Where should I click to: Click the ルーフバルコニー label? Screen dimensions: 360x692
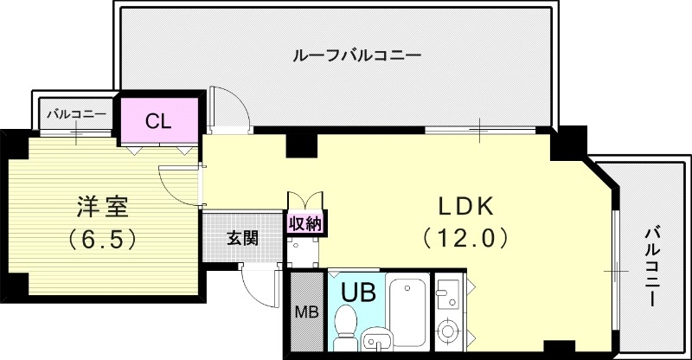coord(356,55)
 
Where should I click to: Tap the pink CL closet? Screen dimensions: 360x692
coord(158,120)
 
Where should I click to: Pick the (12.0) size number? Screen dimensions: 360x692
coord(463,236)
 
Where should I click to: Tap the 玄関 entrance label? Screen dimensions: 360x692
coord(242,237)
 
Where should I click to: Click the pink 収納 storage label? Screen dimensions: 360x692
coord(305,224)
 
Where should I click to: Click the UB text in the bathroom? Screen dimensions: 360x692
coord(357,292)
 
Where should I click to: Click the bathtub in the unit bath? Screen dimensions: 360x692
coord(407,310)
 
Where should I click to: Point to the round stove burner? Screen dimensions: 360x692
coord(449,331)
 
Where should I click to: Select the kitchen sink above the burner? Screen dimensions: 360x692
coord(449,294)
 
